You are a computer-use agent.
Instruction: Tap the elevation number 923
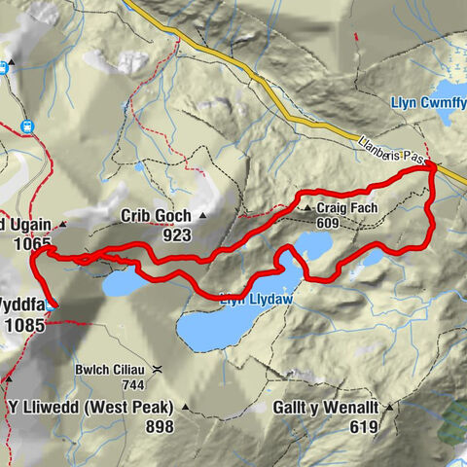point(176,234)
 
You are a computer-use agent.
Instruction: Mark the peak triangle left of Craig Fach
point(306,208)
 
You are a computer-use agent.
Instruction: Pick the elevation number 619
point(366,426)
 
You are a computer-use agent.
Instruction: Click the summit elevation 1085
point(24,326)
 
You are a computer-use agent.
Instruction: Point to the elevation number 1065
point(32,245)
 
